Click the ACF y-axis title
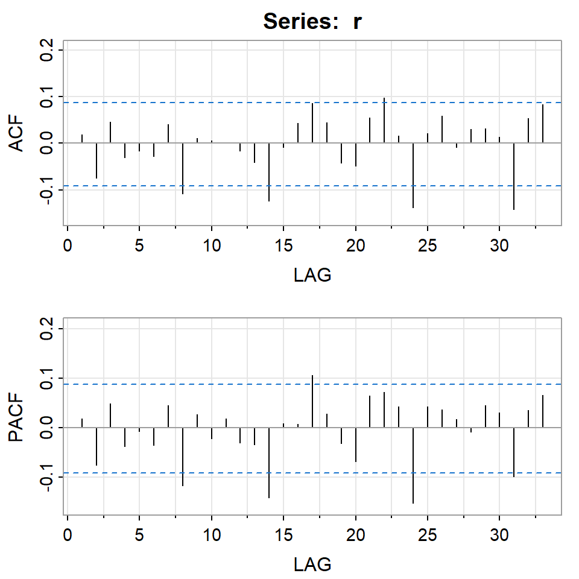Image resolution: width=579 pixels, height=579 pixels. tap(18, 134)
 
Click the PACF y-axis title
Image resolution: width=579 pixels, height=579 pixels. tap(18, 417)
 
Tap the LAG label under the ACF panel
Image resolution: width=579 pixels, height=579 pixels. tap(312, 276)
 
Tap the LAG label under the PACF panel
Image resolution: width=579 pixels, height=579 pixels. tap(312, 564)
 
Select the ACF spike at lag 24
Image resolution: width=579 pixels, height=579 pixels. tap(413, 175)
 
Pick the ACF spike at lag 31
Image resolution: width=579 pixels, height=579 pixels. tap(514, 176)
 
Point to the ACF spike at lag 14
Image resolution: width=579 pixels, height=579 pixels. tap(269, 172)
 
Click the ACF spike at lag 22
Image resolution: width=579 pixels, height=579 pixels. tap(384, 120)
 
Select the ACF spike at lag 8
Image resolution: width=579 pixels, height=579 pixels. tap(183, 168)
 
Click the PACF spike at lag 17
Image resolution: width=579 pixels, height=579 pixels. tap(312, 401)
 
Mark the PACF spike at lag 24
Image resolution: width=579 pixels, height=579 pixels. tap(413, 465)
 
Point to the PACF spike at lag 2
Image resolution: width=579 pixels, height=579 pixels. tap(96, 446)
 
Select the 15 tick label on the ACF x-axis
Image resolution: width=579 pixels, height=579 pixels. tap(283, 248)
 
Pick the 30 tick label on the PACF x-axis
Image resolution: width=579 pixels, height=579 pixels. tap(499, 536)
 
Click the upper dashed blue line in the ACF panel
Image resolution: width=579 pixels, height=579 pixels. tap(241, 103)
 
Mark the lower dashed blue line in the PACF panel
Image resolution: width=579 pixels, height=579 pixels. tap(241, 473)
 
